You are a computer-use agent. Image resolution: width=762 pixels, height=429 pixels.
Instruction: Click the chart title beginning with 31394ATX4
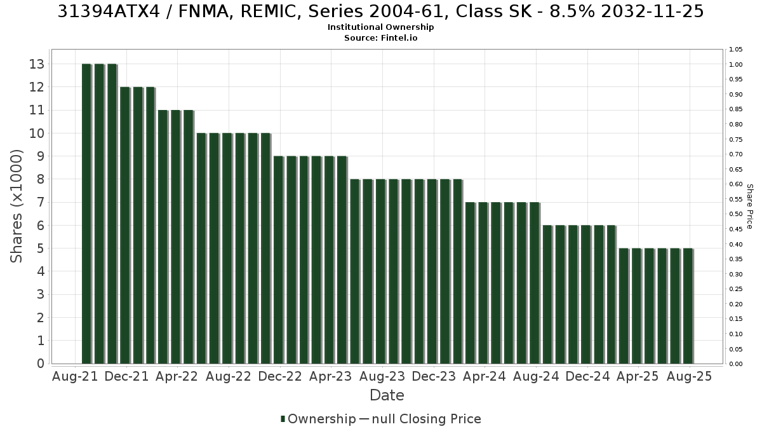coord(380,11)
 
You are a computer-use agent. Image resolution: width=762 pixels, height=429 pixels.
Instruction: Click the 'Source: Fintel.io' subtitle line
coord(380,37)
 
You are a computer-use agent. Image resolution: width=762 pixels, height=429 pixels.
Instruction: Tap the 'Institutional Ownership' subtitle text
coord(380,27)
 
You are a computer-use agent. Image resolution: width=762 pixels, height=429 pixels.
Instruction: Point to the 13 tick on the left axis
coord(37,64)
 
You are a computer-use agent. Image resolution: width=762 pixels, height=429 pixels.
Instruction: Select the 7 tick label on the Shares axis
coord(41,202)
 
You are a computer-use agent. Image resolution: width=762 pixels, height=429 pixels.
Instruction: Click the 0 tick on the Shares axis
coord(41,364)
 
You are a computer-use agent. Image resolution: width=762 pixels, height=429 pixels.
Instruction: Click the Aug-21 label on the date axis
coord(75,376)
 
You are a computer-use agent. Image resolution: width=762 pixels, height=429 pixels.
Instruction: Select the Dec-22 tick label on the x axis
coord(280,376)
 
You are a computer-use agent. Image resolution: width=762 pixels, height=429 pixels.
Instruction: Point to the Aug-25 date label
coord(689,376)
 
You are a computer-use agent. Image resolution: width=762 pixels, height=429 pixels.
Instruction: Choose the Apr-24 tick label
coord(485,376)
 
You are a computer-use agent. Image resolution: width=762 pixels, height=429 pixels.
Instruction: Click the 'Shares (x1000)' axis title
coord(17,207)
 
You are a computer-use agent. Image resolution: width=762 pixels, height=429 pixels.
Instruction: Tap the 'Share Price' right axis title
coord(749,207)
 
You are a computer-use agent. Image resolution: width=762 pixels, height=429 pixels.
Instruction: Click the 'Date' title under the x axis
coord(387,395)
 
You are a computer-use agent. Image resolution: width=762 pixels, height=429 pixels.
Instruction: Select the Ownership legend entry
coord(318,419)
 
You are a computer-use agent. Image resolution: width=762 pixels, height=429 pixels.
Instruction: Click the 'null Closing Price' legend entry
coord(420,419)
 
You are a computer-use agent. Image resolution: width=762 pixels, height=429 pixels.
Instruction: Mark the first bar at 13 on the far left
coord(87,214)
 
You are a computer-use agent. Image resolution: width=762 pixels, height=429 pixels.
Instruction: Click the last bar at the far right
coord(688,306)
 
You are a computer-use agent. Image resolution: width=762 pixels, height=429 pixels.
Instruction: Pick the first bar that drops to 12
coord(125,226)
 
